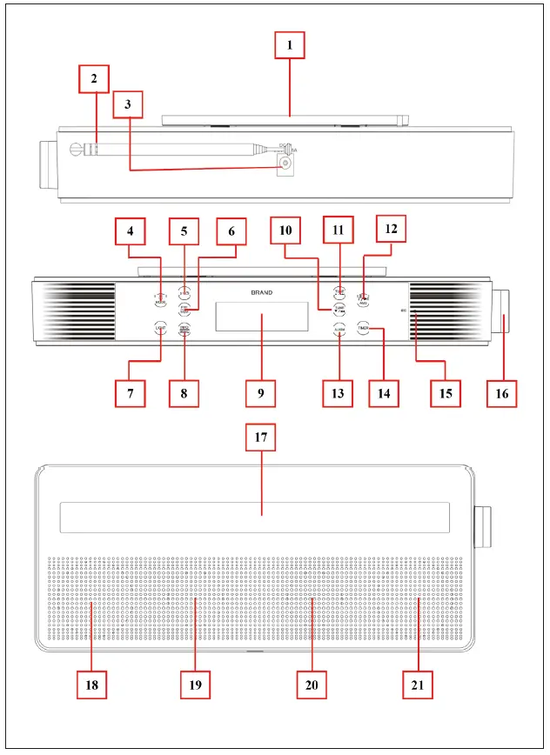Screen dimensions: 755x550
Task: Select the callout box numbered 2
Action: click(93, 80)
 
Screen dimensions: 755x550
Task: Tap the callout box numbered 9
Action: click(260, 393)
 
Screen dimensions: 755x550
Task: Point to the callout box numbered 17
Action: click(260, 439)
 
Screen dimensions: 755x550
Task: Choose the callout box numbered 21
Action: click(418, 685)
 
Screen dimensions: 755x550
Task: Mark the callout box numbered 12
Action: click(391, 230)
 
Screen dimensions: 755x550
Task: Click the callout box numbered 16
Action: click(502, 393)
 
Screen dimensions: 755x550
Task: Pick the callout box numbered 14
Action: click(383, 393)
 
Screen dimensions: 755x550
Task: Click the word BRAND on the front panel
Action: click(260, 293)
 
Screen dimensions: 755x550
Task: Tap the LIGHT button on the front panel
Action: click(160, 328)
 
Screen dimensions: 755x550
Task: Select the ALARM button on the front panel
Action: click(339, 330)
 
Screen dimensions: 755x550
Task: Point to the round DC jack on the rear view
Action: click(285, 163)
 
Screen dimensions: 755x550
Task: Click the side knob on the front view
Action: click(505, 313)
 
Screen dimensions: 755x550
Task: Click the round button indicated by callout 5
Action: click(184, 293)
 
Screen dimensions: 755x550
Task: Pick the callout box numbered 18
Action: click(92, 685)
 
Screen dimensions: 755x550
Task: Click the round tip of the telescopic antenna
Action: click(75, 149)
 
